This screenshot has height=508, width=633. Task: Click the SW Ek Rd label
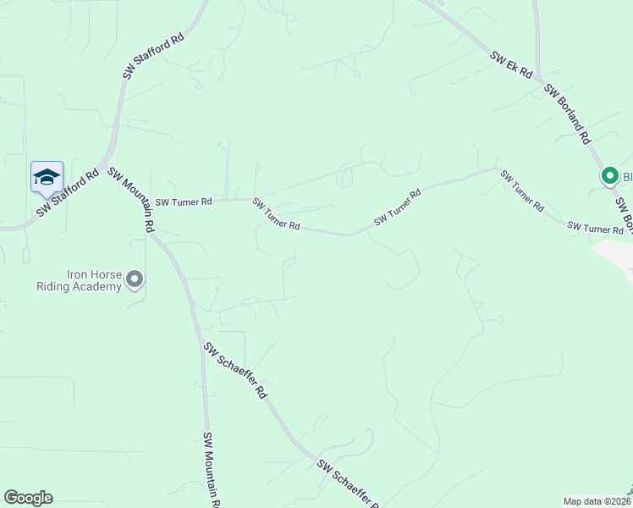click(x=511, y=65)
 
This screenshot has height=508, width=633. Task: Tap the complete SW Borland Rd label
click(x=567, y=114)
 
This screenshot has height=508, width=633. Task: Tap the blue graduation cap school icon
click(x=47, y=177)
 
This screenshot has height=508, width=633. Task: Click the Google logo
click(x=28, y=498)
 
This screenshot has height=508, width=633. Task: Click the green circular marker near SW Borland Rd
click(x=608, y=176)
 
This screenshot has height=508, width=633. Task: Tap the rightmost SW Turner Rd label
click(x=595, y=228)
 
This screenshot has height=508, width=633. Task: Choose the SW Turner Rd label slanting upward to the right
click(x=397, y=207)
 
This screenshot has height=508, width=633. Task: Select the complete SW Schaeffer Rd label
click(x=235, y=370)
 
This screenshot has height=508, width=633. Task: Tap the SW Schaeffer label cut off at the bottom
click(x=349, y=483)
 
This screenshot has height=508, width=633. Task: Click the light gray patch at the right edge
click(x=616, y=257)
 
